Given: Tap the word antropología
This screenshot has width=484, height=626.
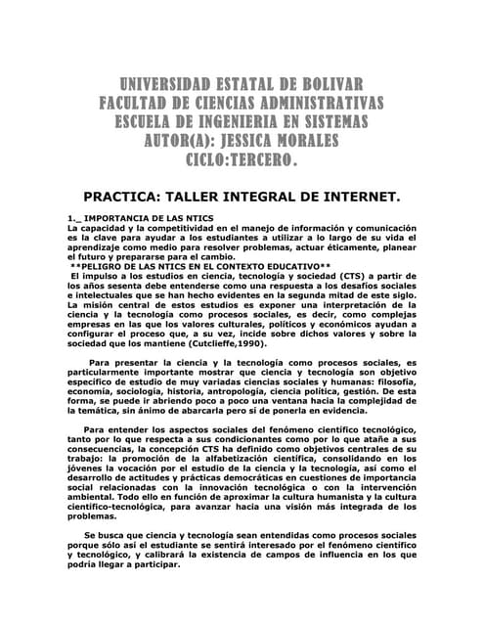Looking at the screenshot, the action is tap(230, 388).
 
